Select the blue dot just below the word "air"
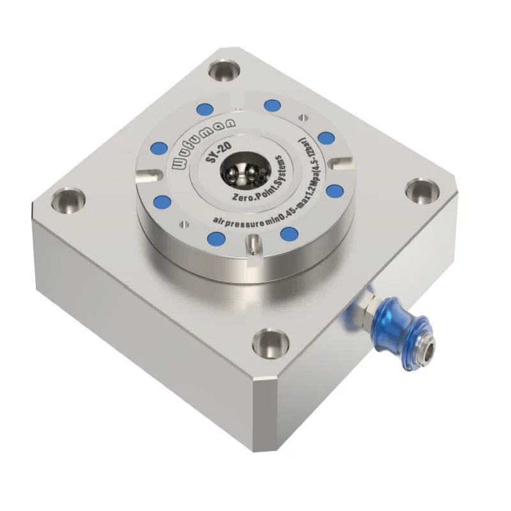point(217,240)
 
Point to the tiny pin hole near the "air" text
point(185,223)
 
